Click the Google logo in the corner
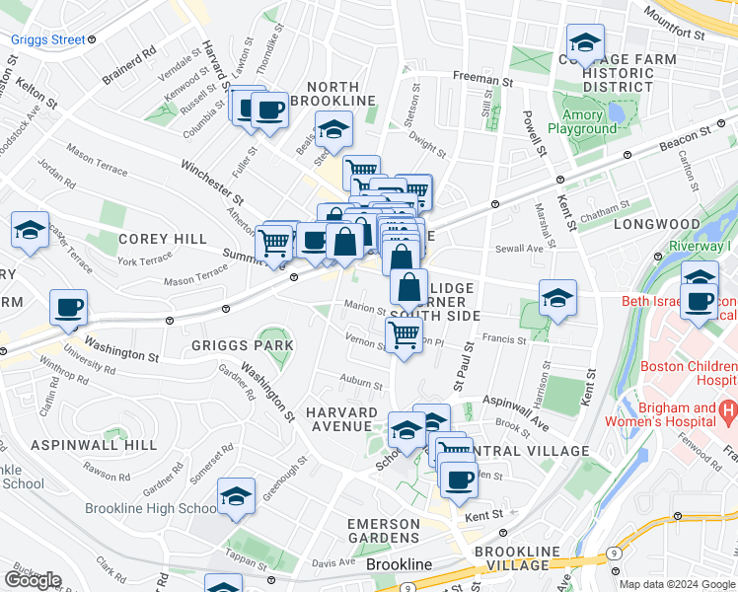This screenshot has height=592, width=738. pyautogui.click(x=33, y=580)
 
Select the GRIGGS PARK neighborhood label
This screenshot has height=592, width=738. pyautogui.click(x=244, y=345)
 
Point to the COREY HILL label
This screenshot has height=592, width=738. pyautogui.click(x=163, y=239)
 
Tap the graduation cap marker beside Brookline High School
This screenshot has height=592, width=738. pyautogui.click(x=237, y=497)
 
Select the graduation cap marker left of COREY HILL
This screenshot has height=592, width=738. pyautogui.click(x=30, y=232)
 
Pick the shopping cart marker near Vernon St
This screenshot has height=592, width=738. pyautogui.click(x=405, y=334)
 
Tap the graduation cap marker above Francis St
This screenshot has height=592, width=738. pyautogui.click(x=557, y=299)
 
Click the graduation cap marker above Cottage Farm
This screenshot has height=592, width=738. pyautogui.click(x=584, y=43)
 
